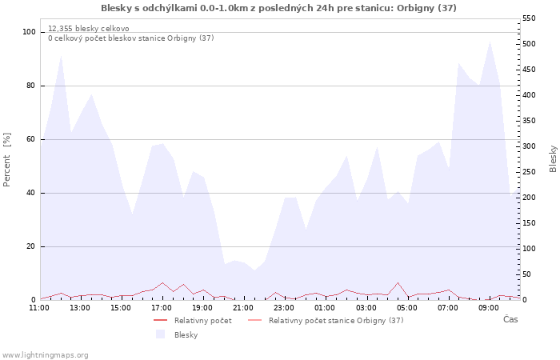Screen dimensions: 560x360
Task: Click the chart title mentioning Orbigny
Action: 278,8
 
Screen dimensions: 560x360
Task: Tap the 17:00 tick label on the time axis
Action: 162,308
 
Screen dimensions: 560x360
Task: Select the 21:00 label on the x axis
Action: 243,308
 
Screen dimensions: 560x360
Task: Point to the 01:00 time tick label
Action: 325,308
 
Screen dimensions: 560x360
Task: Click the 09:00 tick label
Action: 488,308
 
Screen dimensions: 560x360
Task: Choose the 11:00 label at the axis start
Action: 39,308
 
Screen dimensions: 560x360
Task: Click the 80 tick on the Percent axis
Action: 30,86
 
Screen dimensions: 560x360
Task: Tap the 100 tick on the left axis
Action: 29,32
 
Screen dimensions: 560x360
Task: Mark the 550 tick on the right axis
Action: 529,18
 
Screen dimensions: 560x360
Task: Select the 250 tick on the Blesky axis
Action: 529,172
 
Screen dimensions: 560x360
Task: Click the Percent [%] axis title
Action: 6,160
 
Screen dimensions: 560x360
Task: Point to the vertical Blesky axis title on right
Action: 553,159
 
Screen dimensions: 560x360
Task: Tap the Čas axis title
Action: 510,319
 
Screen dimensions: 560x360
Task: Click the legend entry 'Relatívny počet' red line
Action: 193,320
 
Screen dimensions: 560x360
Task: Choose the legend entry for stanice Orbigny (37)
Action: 326,320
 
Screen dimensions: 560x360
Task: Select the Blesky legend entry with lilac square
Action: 177,334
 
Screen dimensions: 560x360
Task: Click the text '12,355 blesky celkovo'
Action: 89,29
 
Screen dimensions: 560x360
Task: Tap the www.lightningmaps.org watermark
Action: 44,355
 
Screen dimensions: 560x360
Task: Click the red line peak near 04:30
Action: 398,282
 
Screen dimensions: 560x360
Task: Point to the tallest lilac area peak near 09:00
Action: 490,42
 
